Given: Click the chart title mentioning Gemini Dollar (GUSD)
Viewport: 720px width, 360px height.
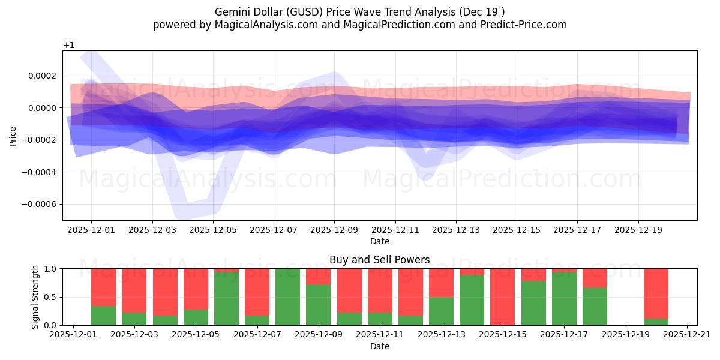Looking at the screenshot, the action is tap(359, 11).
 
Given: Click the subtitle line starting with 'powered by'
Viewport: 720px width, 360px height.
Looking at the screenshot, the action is tap(359, 25).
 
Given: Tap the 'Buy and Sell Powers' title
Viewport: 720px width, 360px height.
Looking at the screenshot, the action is tap(379, 260).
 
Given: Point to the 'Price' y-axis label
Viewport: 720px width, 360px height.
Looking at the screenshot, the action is tap(13, 136).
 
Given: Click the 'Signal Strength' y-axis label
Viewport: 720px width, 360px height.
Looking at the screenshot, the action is tap(35, 296).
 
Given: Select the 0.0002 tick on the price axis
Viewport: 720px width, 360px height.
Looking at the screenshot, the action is tap(40, 76).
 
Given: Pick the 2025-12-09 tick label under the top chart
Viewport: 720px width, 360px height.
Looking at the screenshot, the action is tap(334, 229).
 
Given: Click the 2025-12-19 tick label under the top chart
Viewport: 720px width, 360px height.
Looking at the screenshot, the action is tap(638, 229).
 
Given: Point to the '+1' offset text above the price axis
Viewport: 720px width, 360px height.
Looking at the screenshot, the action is tap(68, 46).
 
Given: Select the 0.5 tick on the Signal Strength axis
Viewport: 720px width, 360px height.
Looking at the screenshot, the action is tap(50, 297).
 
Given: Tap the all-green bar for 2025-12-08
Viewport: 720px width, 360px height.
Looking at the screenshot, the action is tap(287, 297).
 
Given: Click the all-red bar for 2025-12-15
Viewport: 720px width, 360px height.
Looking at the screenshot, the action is tap(502, 297).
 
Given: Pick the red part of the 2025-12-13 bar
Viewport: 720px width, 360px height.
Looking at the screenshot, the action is tap(441, 283).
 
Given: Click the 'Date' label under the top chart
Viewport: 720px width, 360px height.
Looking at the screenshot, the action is tap(379, 241).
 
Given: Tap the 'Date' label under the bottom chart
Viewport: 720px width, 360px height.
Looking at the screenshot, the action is tap(379, 346).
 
